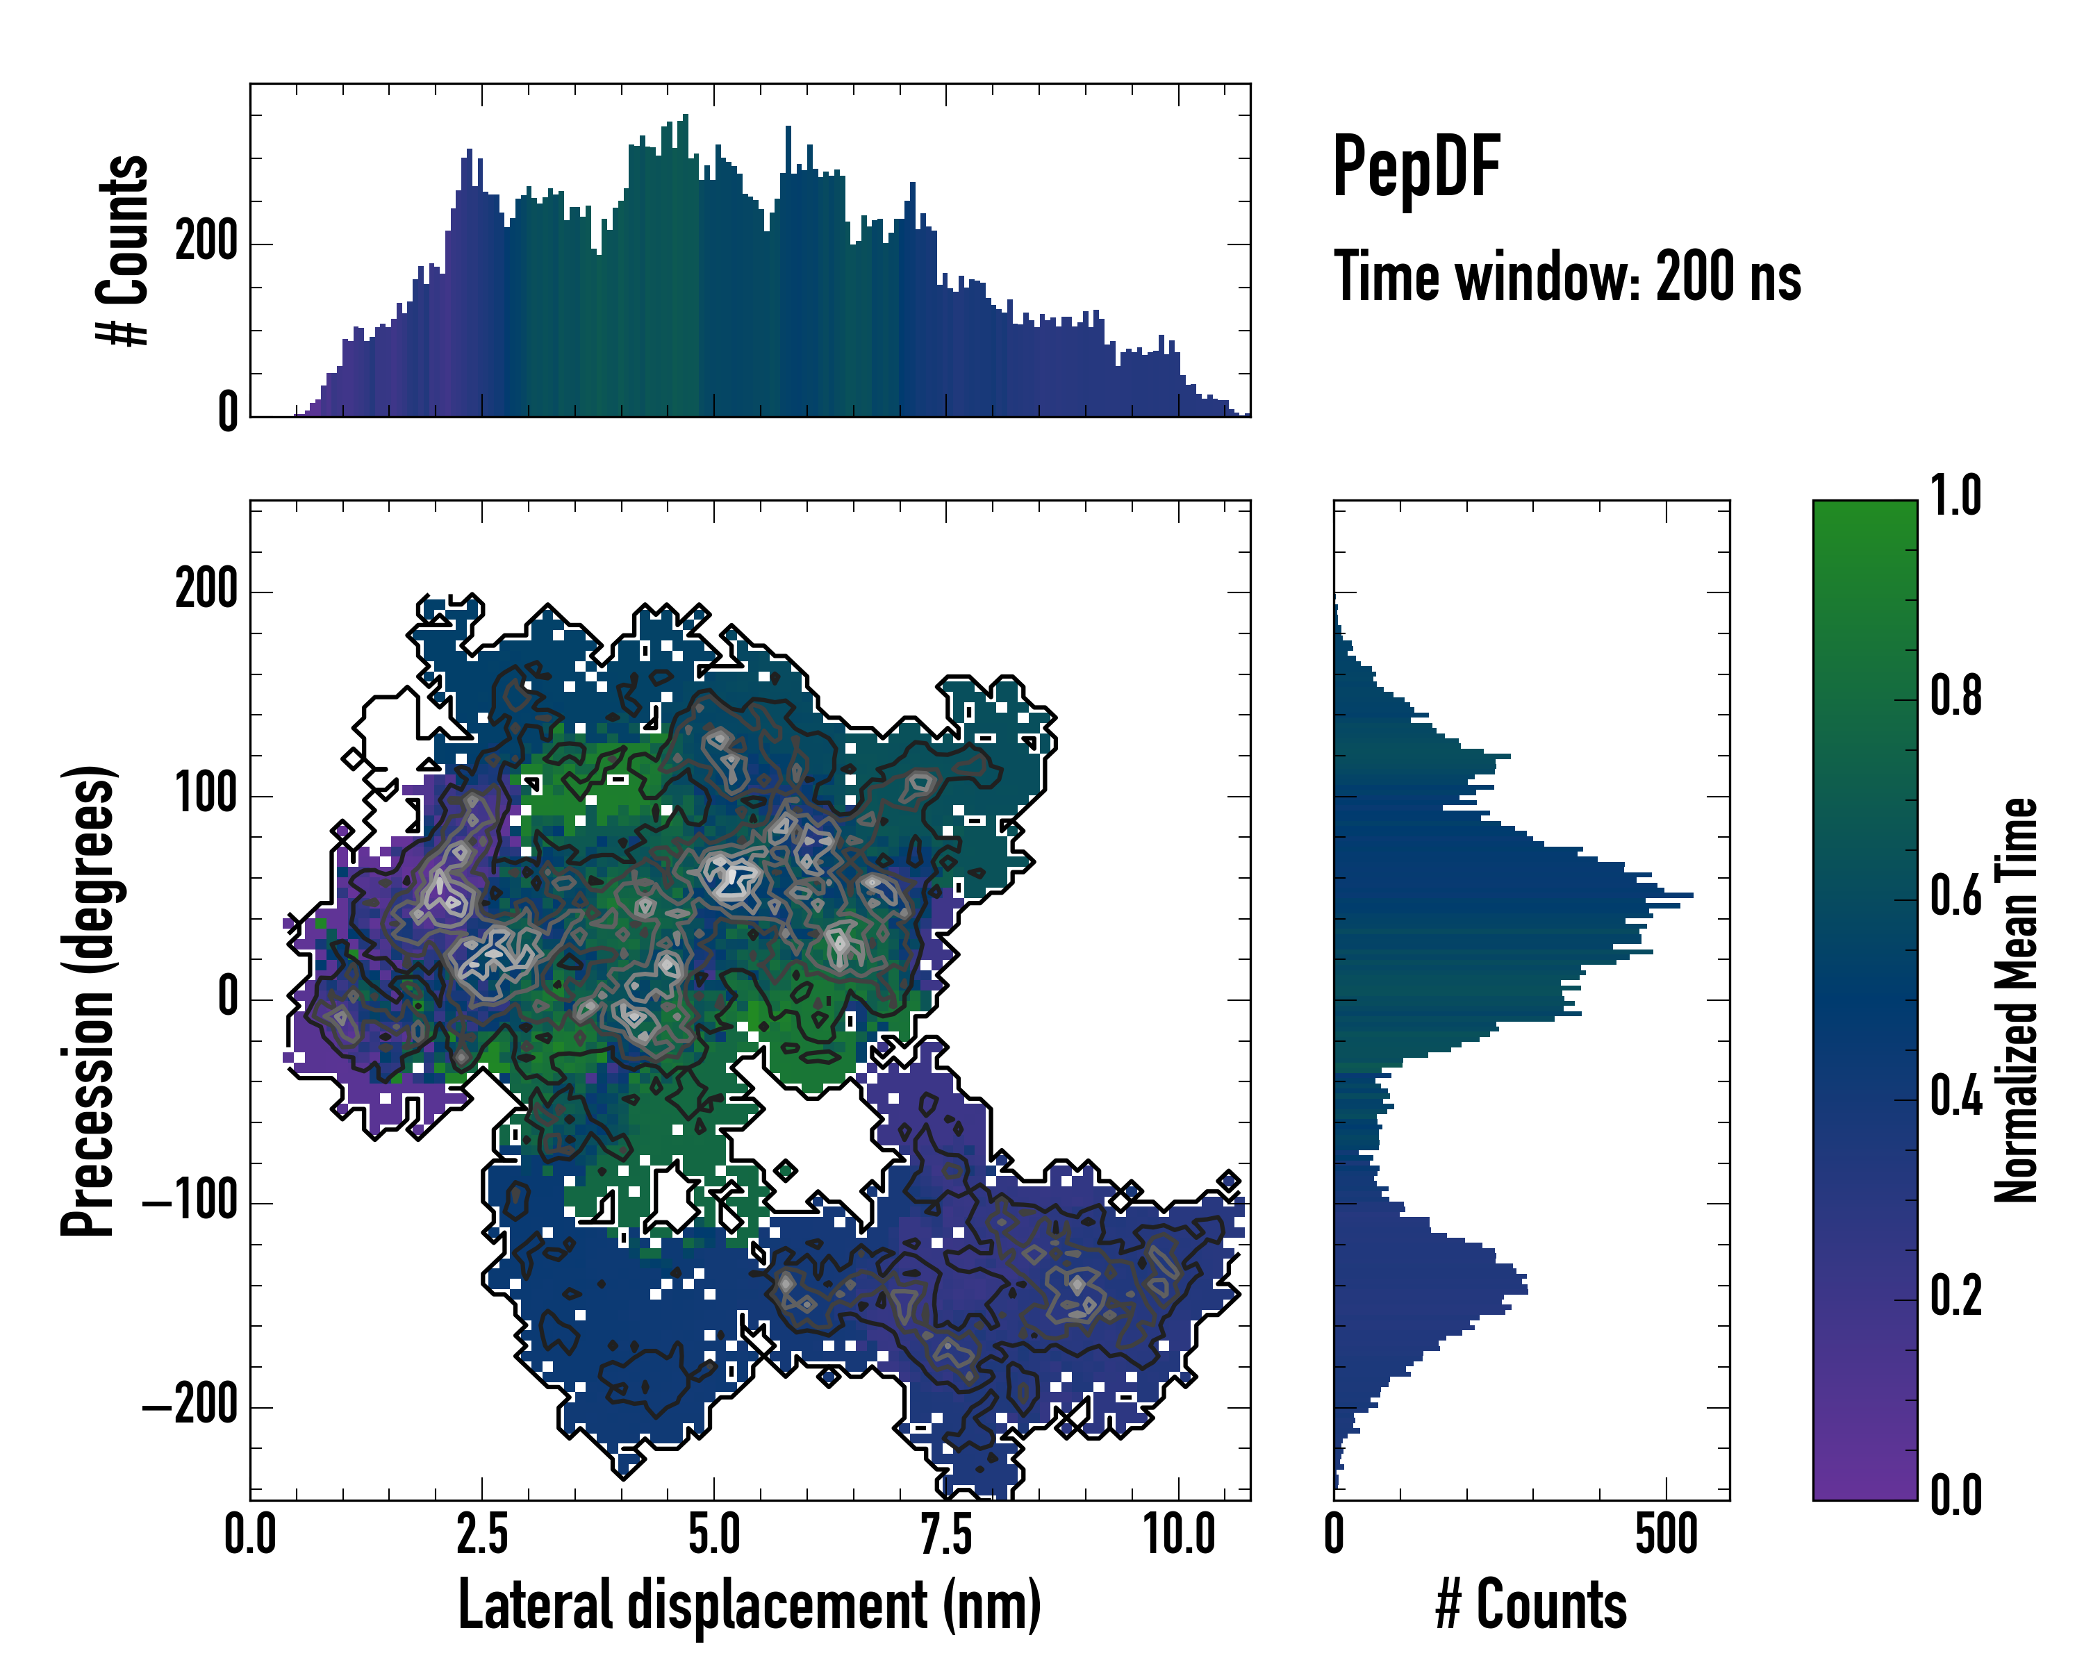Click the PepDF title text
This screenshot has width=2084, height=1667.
pyautogui.click(x=1416, y=167)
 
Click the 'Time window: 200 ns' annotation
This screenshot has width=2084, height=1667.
pyautogui.click(x=1567, y=277)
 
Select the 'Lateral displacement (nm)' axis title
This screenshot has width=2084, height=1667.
pyautogui.click(x=749, y=1604)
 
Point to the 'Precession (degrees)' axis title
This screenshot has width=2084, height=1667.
pyautogui.click(x=89, y=1000)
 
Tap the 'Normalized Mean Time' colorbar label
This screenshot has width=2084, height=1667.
pyautogui.click(x=2017, y=1000)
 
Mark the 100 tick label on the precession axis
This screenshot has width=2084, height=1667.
pyautogui.click(x=206, y=795)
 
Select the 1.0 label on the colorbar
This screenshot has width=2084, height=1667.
pyautogui.click(x=1955, y=497)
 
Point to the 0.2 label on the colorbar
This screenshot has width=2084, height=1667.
pyautogui.click(x=1955, y=1297)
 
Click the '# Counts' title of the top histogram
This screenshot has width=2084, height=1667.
pyautogui.click(x=124, y=250)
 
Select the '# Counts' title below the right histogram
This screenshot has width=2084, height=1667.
pyautogui.click(x=1531, y=1604)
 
